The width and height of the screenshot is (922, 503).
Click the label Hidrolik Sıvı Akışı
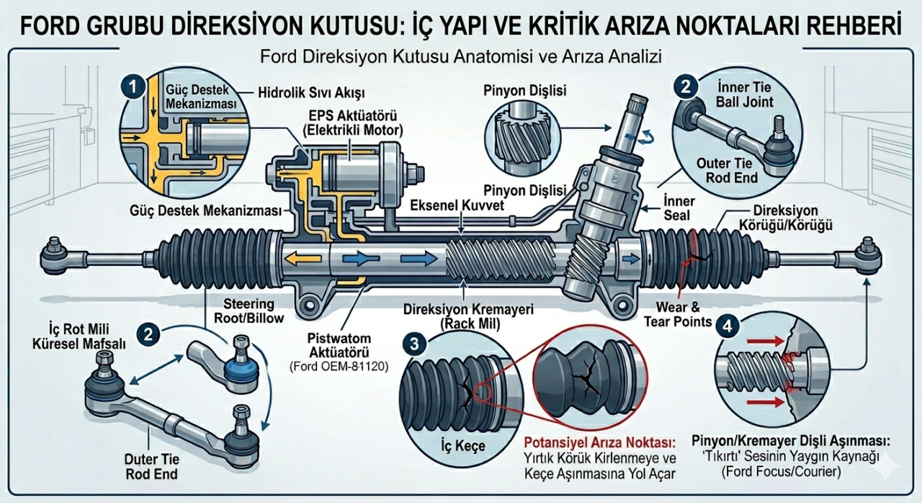pos(311,94)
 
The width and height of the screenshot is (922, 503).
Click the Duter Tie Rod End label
pos(151,467)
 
